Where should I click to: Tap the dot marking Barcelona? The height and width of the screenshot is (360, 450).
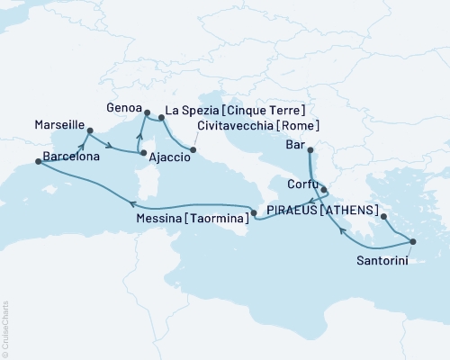coord(38,162)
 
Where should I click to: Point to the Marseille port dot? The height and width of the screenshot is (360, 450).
coord(89,131)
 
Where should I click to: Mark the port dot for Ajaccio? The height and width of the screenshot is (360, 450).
coord(142,154)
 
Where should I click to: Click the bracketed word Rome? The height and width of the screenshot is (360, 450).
coord(301,126)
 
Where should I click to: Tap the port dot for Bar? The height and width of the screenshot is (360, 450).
coord(309,150)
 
